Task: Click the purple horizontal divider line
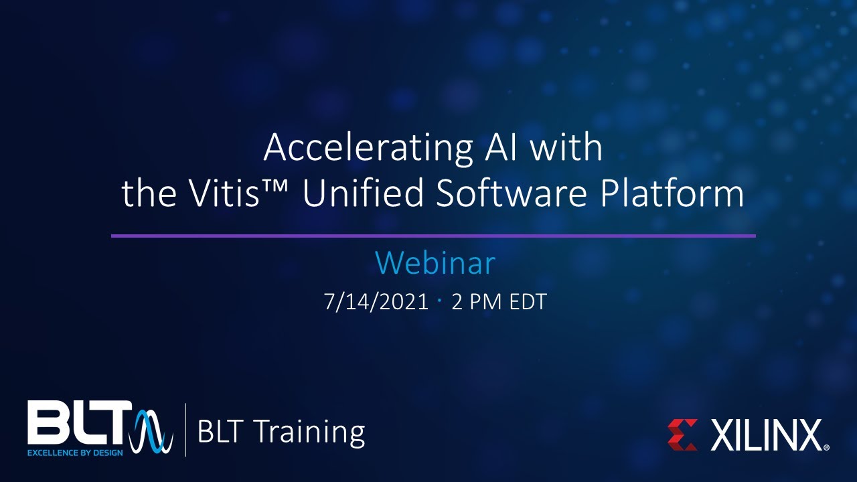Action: pos(433,236)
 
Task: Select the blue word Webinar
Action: pos(435,264)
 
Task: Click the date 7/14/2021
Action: pos(376,302)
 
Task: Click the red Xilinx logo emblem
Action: pos(682,434)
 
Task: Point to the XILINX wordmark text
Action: pos(767,435)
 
